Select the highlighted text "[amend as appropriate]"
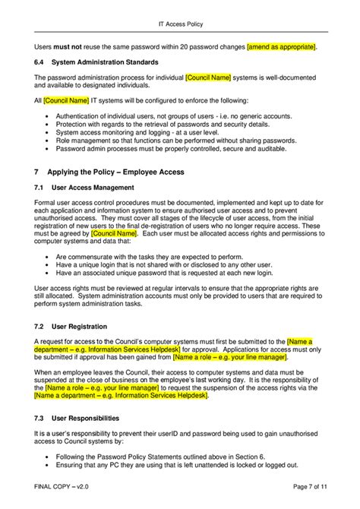tap(281, 47)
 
